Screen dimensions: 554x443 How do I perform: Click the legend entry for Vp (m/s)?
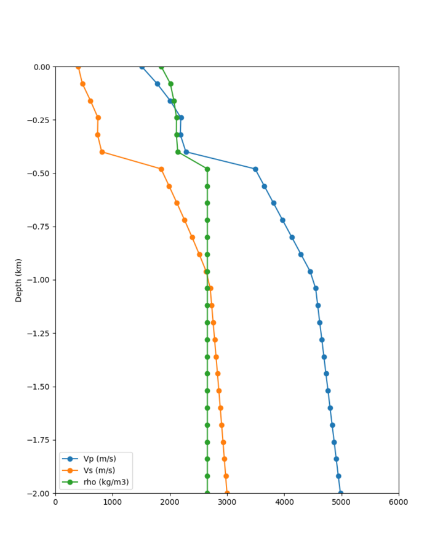coord(100,459)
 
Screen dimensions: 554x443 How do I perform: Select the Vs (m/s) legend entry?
coord(100,470)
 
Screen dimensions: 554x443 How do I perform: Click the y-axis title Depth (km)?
coord(18,280)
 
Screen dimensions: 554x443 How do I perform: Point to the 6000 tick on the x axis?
coord(398,502)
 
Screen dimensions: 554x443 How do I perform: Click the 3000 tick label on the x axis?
coord(227,502)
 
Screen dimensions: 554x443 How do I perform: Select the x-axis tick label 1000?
coord(113,502)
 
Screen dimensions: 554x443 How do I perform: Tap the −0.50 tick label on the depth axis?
coord(38,174)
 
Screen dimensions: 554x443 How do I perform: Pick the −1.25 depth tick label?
coord(38,334)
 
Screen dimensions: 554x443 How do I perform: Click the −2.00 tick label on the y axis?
coord(38,494)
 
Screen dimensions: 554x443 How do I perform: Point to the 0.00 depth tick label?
coord(41,66)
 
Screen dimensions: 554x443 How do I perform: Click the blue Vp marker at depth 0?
coord(142,66)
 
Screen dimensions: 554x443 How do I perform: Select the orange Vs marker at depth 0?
coord(78,66)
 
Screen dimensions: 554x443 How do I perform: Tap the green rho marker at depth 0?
coord(161,66)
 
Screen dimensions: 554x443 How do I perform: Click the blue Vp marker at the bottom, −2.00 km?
coord(340,493)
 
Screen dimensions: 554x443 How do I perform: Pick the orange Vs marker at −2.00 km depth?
coord(227,493)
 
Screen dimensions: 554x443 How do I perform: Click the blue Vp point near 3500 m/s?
coord(255,169)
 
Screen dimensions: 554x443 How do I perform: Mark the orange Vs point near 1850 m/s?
coord(161,169)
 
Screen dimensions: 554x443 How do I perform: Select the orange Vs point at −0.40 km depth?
coord(102,152)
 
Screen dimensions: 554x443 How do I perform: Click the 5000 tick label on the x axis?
coord(341,502)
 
